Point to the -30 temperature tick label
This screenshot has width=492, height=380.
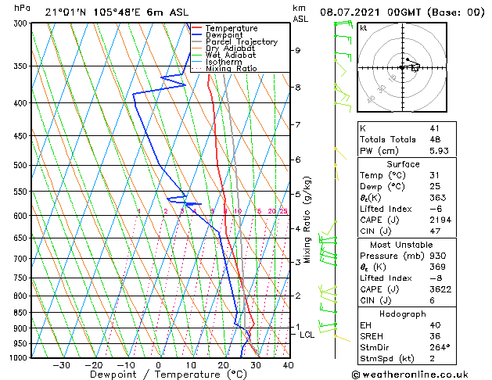(x=61, y=365)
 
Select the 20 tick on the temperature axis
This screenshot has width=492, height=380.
(x=223, y=365)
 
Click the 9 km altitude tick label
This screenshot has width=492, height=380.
(x=298, y=51)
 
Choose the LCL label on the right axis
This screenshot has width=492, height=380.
(x=307, y=335)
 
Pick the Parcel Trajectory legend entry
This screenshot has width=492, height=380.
(x=241, y=42)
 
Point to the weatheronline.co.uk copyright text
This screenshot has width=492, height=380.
(x=422, y=373)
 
